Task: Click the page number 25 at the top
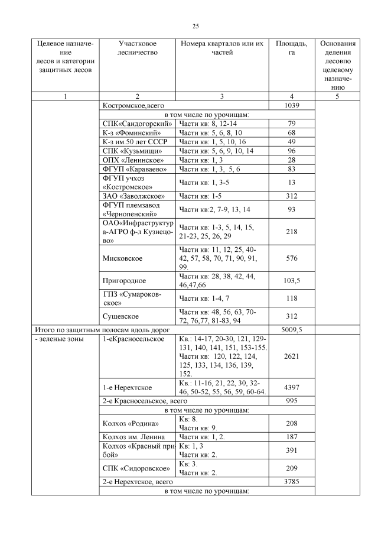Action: click(x=195, y=26)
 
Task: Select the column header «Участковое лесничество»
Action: click(x=137, y=48)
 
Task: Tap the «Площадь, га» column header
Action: click(x=291, y=48)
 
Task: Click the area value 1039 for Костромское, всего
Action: click(x=291, y=105)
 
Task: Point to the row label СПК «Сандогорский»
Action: click(x=137, y=124)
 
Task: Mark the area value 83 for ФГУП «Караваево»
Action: click(x=291, y=170)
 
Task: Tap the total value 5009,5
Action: click(x=291, y=329)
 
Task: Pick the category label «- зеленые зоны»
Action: click(x=59, y=339)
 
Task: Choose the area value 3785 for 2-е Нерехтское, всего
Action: click(x=291, y=482)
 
